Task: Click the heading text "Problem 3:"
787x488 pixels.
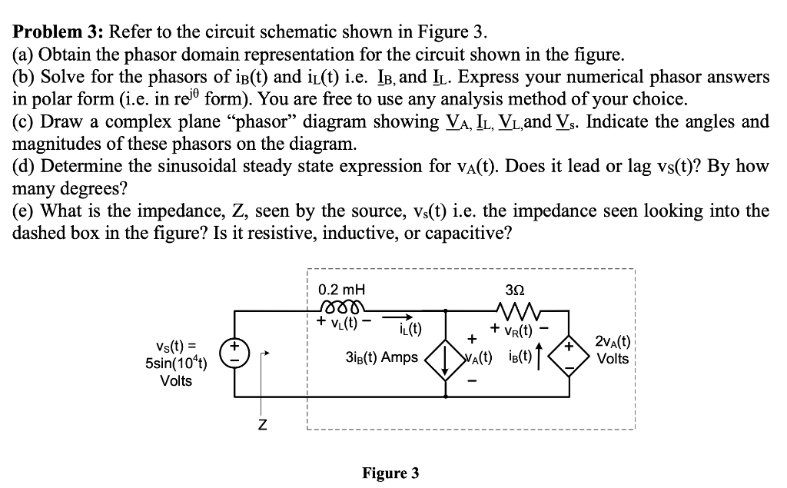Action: point(58,32)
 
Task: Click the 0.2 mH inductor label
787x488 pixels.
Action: point(342,290)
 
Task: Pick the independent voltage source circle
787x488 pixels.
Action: point(234,353)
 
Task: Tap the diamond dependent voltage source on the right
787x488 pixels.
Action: point(569,354)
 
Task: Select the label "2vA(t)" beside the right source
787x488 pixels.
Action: point(613,342)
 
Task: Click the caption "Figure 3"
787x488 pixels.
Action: point(390,473)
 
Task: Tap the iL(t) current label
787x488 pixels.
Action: point(410,331)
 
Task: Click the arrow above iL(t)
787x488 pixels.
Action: point(399,317)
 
